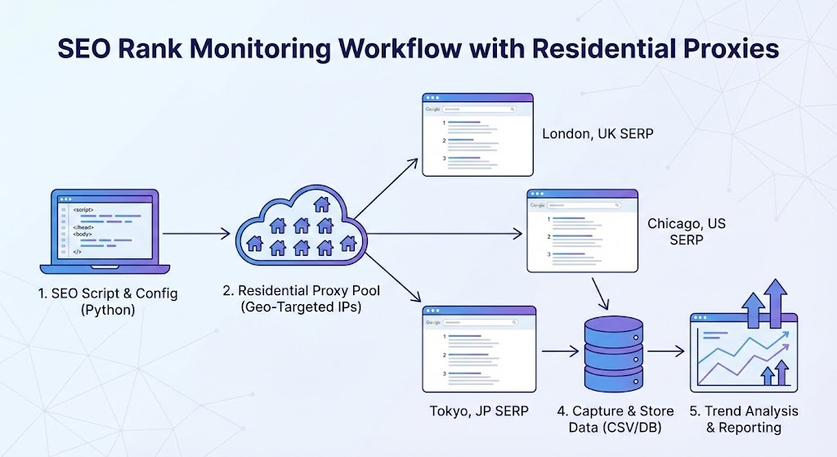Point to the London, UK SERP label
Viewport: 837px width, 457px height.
[598, 133]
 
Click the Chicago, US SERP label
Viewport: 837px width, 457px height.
[687, 231]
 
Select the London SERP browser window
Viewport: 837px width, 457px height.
[478, 135]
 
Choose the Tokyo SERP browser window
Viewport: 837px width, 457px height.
[479, 350]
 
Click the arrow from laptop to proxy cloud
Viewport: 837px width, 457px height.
[196, 235]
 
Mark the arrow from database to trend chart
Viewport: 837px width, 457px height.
[667, 352]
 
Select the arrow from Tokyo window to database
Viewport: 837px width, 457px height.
[560, 352]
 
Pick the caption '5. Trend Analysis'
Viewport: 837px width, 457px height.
[744, 410]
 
